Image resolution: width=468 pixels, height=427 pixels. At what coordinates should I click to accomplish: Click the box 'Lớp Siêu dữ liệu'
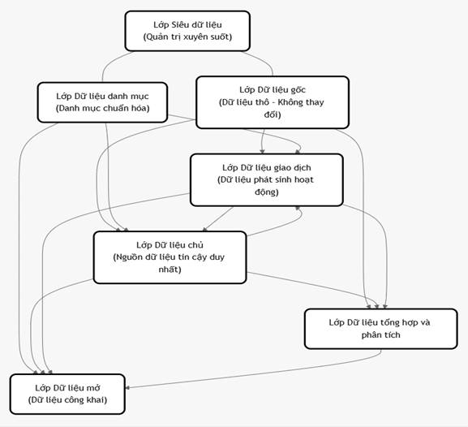click(x=187, y=31)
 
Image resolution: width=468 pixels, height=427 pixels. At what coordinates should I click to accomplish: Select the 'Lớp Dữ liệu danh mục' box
click(x=102, y=102)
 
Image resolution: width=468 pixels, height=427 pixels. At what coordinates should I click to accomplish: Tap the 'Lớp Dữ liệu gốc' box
click(x=273, y=102)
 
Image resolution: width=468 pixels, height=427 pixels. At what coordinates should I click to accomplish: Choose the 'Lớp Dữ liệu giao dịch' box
click(x=267, y=180)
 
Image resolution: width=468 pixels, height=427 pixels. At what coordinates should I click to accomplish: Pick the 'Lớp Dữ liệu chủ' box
click(x=170, y=257)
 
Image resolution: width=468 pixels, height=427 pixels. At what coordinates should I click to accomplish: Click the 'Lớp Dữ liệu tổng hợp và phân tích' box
click(x=381, y=329)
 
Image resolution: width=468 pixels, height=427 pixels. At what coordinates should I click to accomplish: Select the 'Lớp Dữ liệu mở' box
click(x=67, y=395)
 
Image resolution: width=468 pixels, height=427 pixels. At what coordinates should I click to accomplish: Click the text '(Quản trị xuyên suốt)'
click(x=187, y=37)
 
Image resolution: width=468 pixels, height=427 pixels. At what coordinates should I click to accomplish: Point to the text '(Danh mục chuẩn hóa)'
click(x=102, y=108)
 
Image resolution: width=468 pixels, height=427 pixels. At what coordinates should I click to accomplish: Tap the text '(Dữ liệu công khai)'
click(x=67, y=400)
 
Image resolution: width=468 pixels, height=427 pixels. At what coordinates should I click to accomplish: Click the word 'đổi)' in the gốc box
click(x=273, y=114)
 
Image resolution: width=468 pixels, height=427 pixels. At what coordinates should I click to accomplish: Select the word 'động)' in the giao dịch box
click(x=267, y=192)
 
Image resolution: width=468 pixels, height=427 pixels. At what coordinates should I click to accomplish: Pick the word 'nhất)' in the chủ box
click(x=170, y=270)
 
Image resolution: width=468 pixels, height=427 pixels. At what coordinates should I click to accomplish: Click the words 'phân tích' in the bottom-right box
click(x=381, y=335)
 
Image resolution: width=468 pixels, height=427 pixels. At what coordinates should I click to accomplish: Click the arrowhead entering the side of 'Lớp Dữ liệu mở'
click(x=127, y=388)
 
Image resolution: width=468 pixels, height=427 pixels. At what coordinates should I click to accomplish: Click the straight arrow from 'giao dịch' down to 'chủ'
click(x=217, y=219)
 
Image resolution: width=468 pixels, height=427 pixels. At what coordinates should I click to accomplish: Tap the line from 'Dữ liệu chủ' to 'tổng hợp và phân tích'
click(x=313, y=286)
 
